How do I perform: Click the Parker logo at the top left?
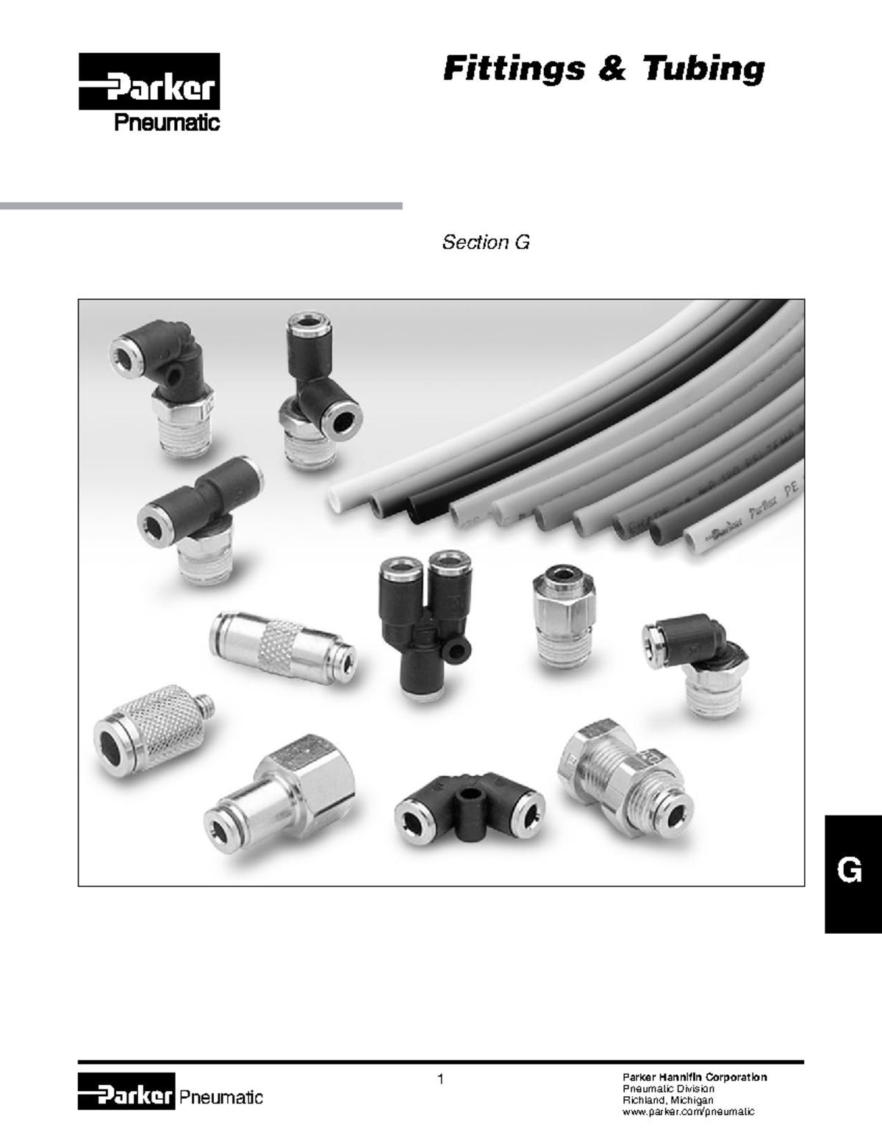coord(149,82)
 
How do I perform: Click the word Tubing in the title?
coord(703,68)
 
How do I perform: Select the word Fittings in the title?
coord(514,68)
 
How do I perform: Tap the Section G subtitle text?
coord(485,242)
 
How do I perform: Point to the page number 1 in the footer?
coord(440,1079)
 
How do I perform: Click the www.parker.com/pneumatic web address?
coord(688,1112)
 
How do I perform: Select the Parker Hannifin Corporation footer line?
coord(695,1077)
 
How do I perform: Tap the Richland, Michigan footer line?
coord(668,1100)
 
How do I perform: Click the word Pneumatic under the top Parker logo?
coord(166,123)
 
